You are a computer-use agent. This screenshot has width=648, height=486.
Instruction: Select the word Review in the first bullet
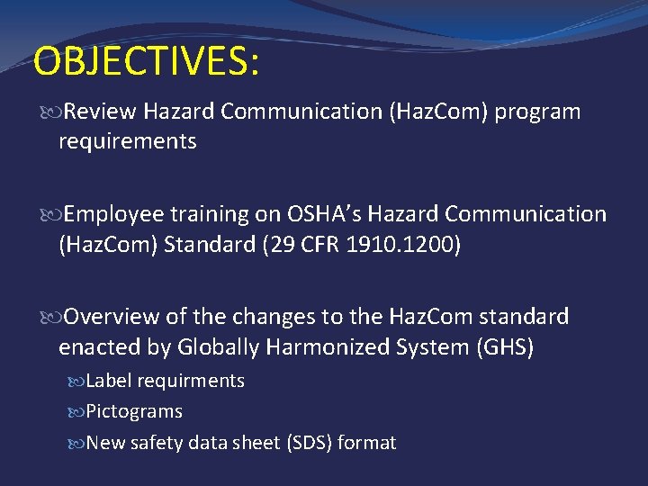click(x=99, y=112)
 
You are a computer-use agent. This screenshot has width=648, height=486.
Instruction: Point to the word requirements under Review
click(x=127, y=141)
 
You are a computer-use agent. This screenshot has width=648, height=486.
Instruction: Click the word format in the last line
click(x=367, y=443)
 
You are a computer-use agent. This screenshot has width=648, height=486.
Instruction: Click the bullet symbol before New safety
click(x=76, y=443)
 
